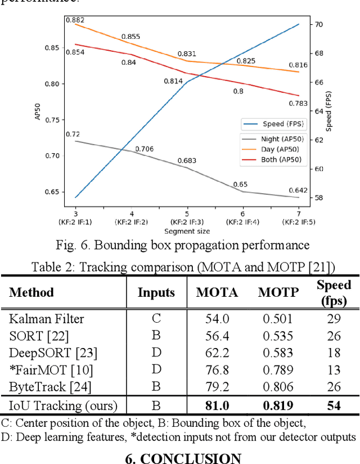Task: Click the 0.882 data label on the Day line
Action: [75, 20]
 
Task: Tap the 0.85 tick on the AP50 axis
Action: [51, 48]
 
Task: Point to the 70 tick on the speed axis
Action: [318, 25]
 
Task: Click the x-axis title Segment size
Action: [187, 231]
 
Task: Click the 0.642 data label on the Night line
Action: [298, 189]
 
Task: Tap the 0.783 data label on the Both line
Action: [298, 103]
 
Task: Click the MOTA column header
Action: [217, 292]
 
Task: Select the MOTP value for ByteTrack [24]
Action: [278, 386]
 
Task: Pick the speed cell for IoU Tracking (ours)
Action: [334, 405]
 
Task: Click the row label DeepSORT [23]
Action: [53, 353]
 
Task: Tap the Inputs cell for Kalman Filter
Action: [156, 319]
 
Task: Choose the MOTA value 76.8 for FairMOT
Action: [217, 369]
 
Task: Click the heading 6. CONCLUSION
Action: [183, 457]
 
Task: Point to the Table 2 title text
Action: [183, 266]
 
